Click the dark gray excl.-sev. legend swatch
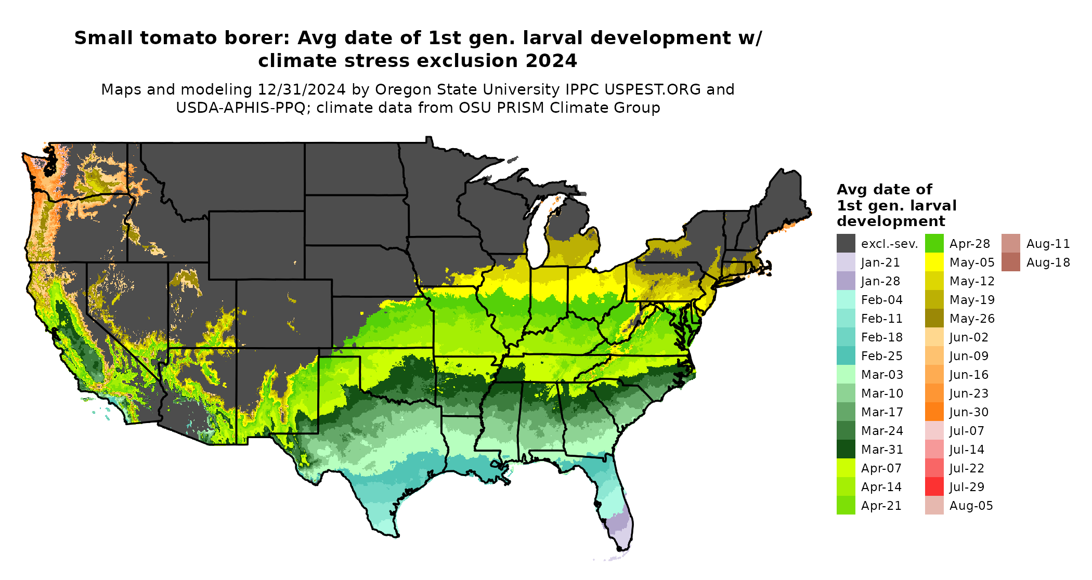[846, 243]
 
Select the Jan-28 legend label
[880, 281]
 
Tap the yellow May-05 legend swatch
[934, 262]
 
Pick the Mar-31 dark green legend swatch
[846, 449]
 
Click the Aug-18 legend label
[1048, 262]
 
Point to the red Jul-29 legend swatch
[934, 486]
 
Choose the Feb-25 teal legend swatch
[846, 355]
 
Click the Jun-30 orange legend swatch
[934, 412]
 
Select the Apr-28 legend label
[970, 244]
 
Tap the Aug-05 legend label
[971, 506]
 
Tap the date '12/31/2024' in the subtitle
[302, 89]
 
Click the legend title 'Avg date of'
[884, 189]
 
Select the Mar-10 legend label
[882, 393]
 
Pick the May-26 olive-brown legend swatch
[934, 318]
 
